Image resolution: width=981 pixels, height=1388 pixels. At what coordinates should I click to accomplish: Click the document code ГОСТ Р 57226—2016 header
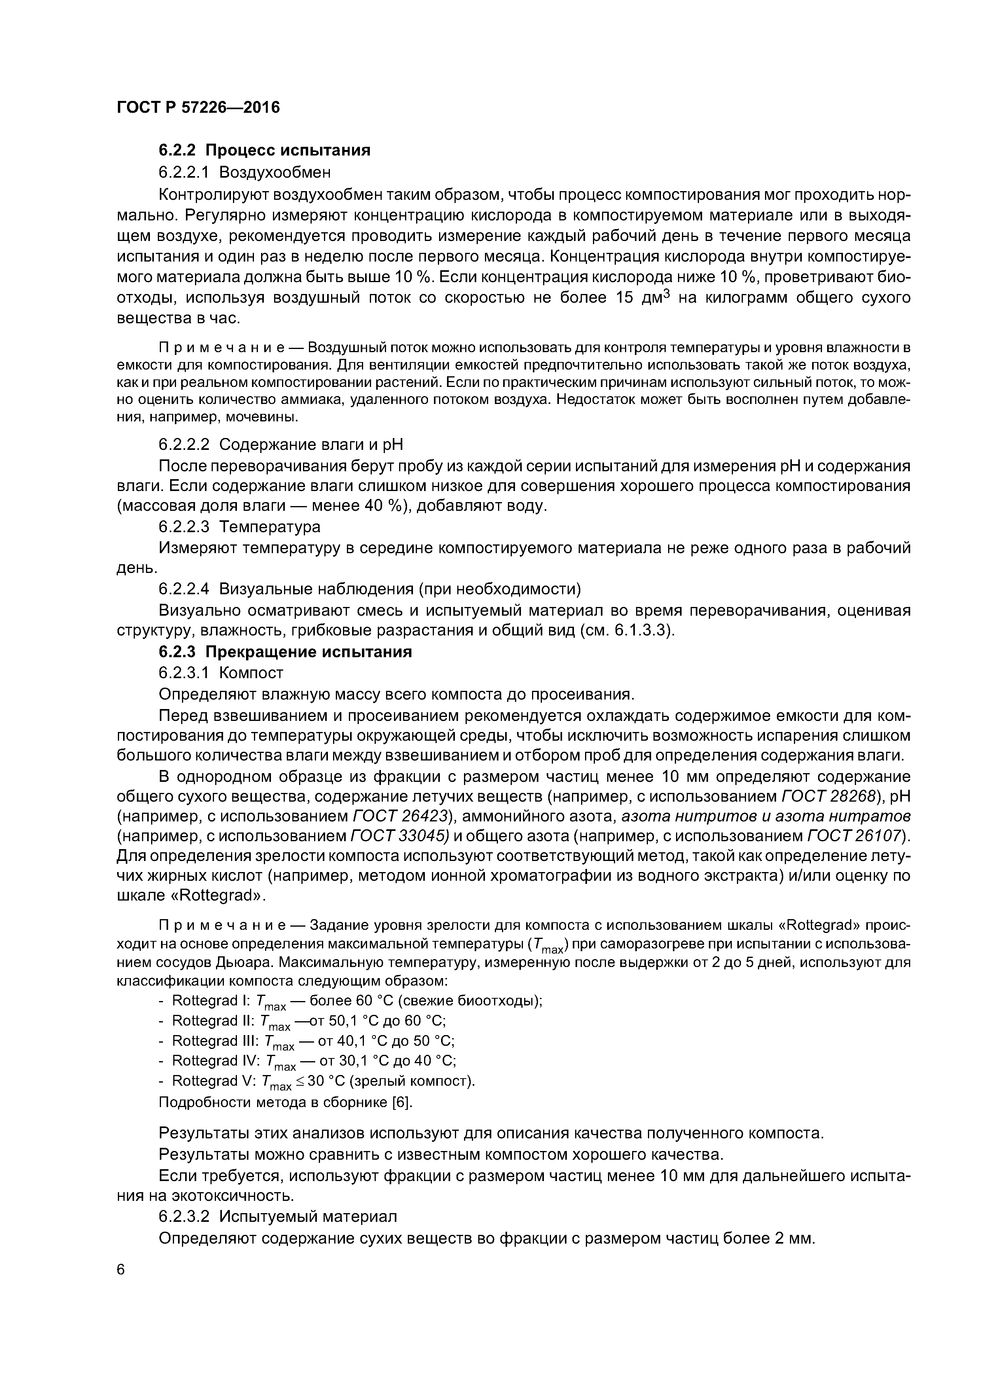pyautogui.click(x=198, y=108)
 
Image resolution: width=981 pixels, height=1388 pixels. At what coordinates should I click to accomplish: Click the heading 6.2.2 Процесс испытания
pyautogui.click(x=264, y=150)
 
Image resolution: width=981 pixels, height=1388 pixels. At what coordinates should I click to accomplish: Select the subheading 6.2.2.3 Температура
pyautogui.click(x=239, y=527)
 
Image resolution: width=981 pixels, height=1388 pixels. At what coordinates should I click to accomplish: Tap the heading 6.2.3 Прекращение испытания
pyautogui.click(x=285, y=652)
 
